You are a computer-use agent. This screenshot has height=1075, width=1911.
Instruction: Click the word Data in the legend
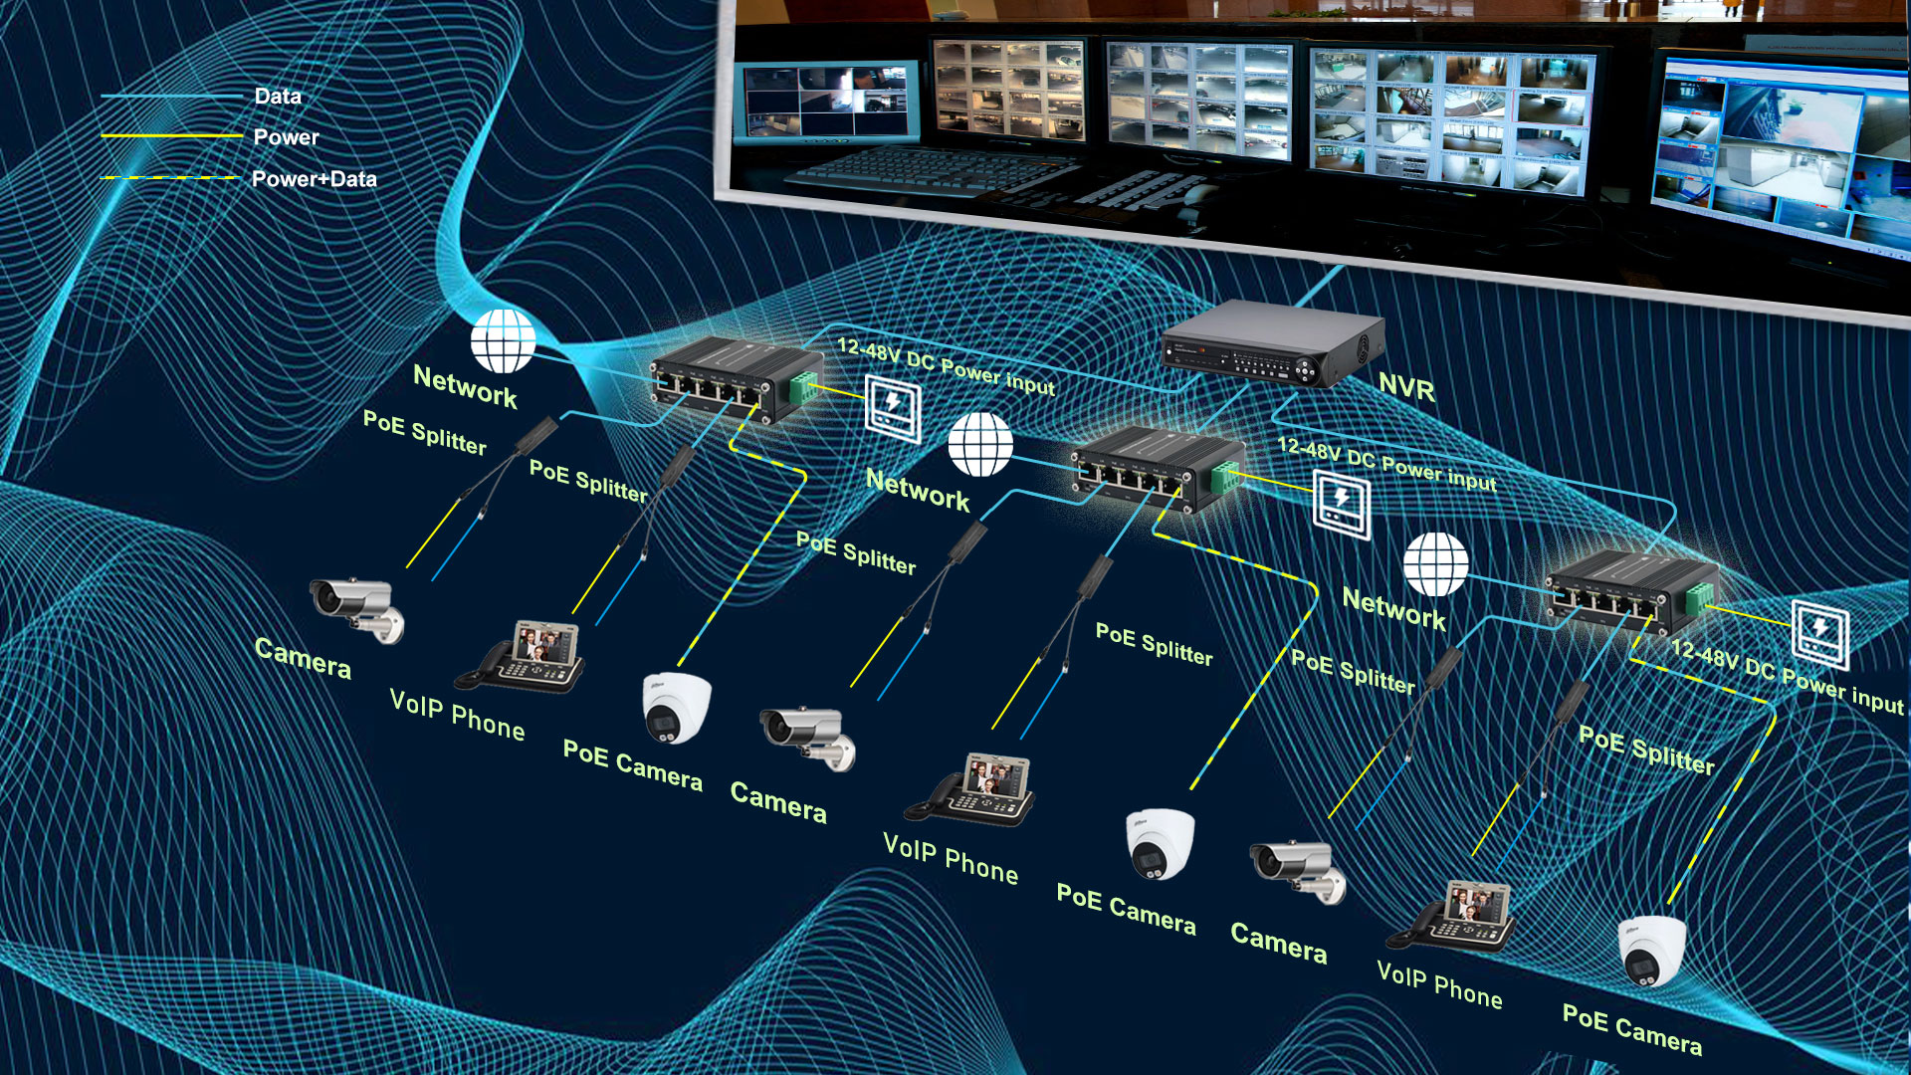(278, 97)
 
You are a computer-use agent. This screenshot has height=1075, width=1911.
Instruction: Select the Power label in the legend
(286, 137)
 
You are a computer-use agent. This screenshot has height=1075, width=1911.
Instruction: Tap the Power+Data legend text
(314, 179)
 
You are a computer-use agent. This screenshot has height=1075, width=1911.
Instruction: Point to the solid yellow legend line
(171, 136)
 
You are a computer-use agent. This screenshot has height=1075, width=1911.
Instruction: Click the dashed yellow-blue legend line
(171, 178)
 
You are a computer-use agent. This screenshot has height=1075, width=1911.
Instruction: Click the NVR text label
(1406, 387)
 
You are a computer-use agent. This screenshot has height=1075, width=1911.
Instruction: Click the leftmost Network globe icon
(503, 340)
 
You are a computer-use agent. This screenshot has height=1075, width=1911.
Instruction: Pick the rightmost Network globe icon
(1435, 563)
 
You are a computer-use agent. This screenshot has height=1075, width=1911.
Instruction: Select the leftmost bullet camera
(357, 608)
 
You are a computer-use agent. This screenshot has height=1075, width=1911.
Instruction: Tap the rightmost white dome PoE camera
(1653, 951)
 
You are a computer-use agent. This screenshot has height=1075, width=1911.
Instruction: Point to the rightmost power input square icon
(1819, 634)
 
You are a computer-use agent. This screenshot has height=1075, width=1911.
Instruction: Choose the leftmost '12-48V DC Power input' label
(946, 366)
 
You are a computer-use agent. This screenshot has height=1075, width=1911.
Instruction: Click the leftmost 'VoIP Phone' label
(457, 715)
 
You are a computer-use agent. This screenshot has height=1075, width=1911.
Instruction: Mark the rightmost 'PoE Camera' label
(1631, 1029)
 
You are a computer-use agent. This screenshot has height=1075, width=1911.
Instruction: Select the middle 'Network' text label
(918, 490)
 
